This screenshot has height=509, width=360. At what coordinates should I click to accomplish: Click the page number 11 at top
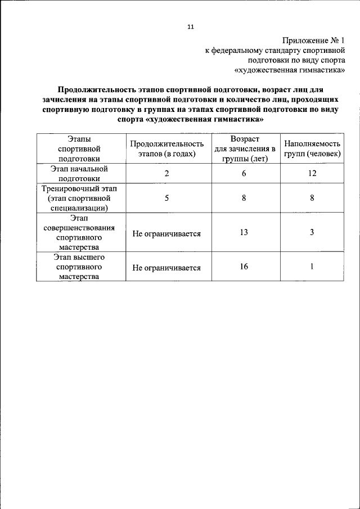(x=191, y=26)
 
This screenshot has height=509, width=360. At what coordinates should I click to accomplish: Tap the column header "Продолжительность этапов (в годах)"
(x=166, y=149)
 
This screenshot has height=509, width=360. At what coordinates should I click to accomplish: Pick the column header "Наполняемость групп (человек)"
(x=312, y=149)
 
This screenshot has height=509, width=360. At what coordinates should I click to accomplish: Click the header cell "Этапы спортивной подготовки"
(x=79, y=148)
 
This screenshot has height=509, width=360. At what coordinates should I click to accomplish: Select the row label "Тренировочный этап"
(x=80, y=188)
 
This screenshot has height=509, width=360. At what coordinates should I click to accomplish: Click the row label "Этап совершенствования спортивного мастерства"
(x=79, y=232)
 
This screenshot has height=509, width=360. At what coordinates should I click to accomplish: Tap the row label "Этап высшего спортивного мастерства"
(x=79, y=267)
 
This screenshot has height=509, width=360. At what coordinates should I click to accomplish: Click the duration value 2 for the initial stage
(x=167, y=173)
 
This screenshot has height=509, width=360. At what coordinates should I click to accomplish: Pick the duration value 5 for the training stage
(x=167, y=198)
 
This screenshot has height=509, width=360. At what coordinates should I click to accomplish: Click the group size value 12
(x=312, y=173)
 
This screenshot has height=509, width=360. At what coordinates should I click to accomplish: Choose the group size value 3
(x=312, y=232)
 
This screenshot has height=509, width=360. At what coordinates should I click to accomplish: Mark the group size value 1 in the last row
(x=312, y=266)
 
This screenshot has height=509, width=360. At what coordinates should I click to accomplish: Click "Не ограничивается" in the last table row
(x=166, y=268)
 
